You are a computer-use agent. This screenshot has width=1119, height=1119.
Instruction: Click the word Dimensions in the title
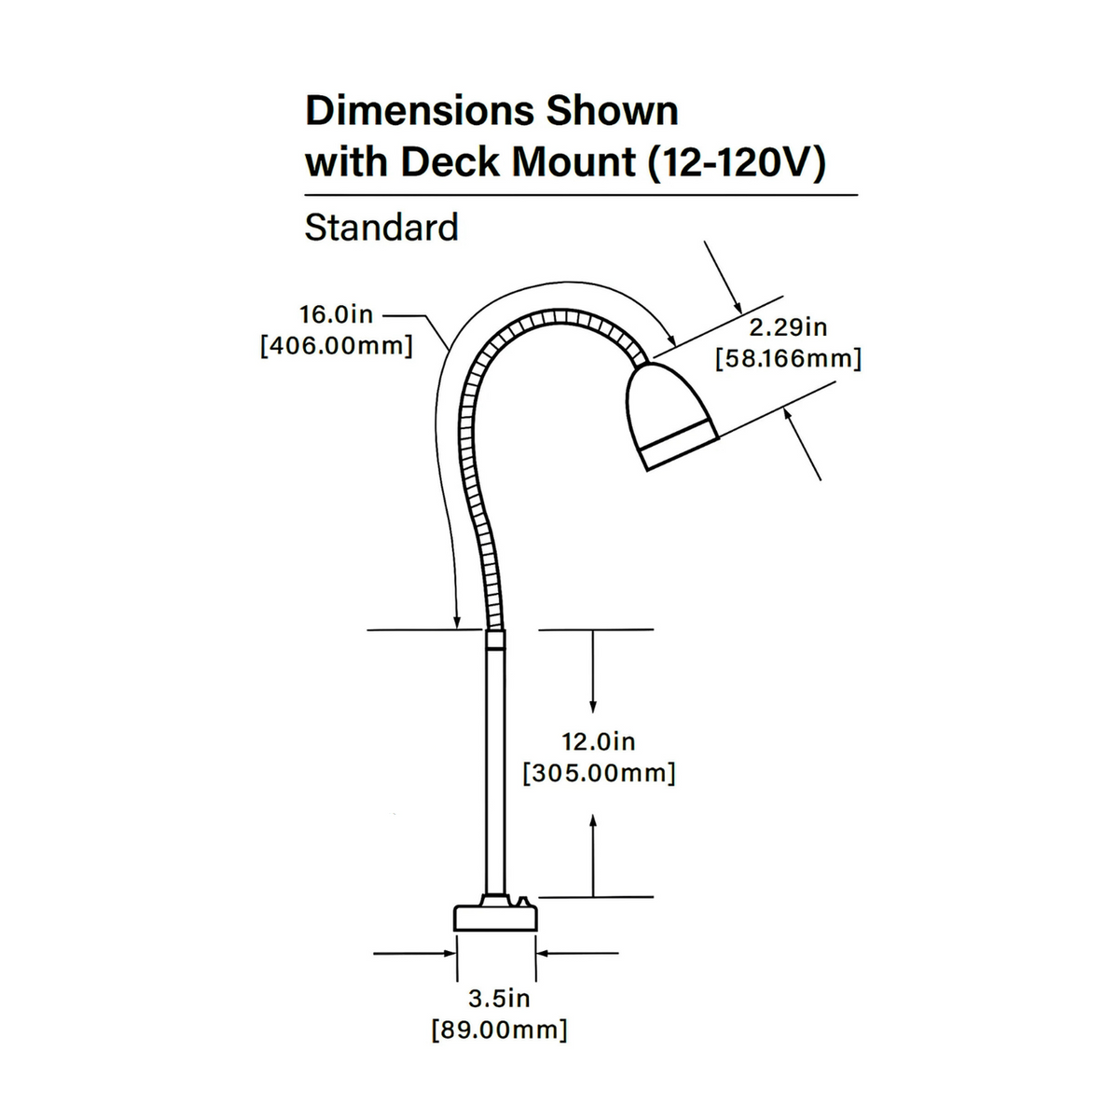(420, 111)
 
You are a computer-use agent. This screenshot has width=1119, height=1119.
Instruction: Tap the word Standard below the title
(381, 227)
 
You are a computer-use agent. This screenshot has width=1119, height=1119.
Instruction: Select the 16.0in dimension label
(337, 315)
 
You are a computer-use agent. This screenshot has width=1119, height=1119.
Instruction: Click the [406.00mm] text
(337, 346)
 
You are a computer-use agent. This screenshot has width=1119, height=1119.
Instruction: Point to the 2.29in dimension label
(788, 327)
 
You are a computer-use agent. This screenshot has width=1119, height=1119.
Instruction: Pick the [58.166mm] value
(788, 359)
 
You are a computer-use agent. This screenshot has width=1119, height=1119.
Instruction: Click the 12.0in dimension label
(599, 741)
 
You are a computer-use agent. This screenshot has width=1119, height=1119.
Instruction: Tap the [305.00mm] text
(600, 773)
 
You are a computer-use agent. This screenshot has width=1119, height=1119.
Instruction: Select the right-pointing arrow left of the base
(414, 953)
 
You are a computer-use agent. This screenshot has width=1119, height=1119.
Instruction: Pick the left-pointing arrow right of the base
(578, 953)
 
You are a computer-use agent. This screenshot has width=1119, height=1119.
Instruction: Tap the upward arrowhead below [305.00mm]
(593, 822)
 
